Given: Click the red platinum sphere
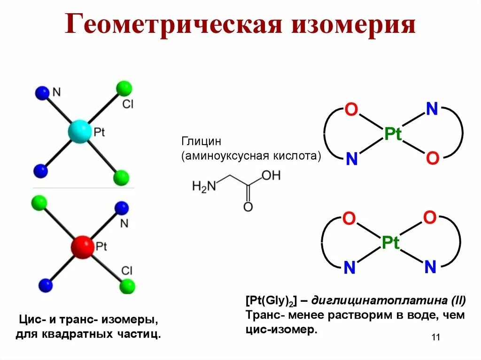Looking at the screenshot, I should (83, 246).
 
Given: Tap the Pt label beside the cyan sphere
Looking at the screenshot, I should (99, 132).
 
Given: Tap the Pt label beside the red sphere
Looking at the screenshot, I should (101, 245).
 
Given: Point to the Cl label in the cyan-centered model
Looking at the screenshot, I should (128, 104).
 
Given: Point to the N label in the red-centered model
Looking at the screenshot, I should (124, 223).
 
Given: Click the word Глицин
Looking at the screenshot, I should (201, 141).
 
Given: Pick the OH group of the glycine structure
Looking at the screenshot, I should (271, 176).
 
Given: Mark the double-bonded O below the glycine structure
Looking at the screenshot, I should (248, 207).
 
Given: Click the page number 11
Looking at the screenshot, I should (434, 337).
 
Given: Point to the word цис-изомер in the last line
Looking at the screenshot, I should (281, 330).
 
